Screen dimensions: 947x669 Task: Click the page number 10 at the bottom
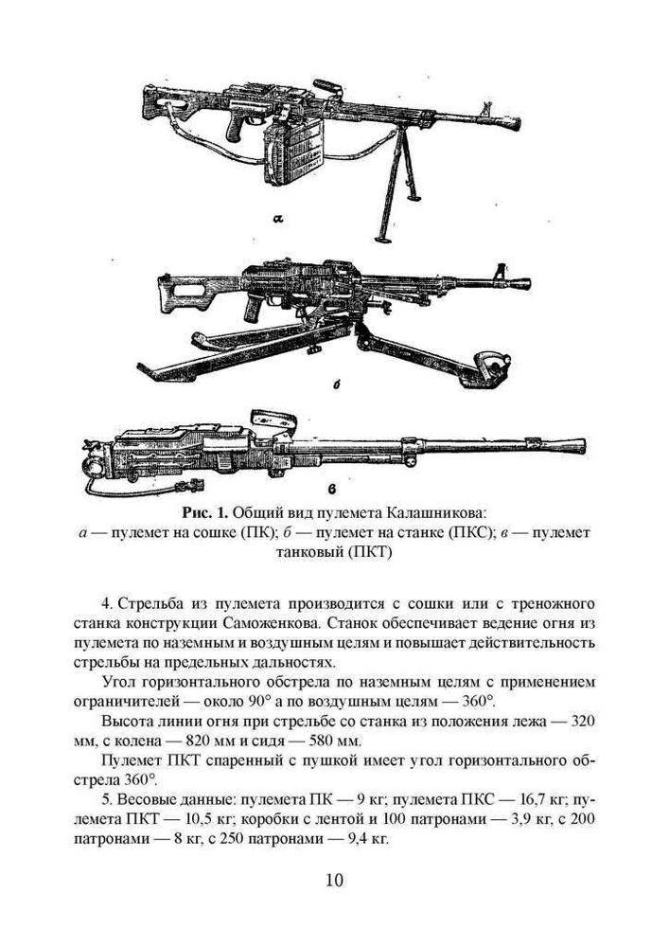(334, 881)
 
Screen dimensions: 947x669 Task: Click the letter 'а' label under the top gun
(278, 220)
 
